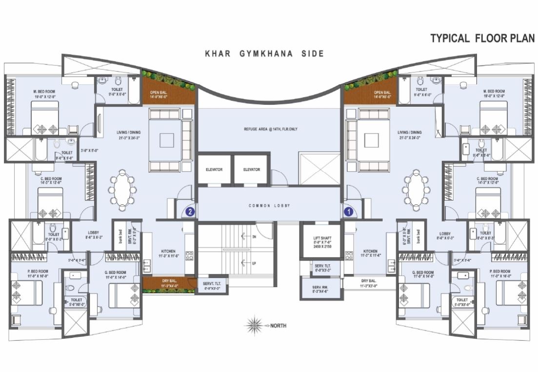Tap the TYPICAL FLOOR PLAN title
[x=482, y=39]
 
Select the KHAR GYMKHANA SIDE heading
[x=264, y=54]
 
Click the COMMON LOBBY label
[x=269, y=206]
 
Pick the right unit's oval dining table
[x=416, y=190]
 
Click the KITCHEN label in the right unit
[x=370, y=254]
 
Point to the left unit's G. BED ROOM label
[x=116, y=274]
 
